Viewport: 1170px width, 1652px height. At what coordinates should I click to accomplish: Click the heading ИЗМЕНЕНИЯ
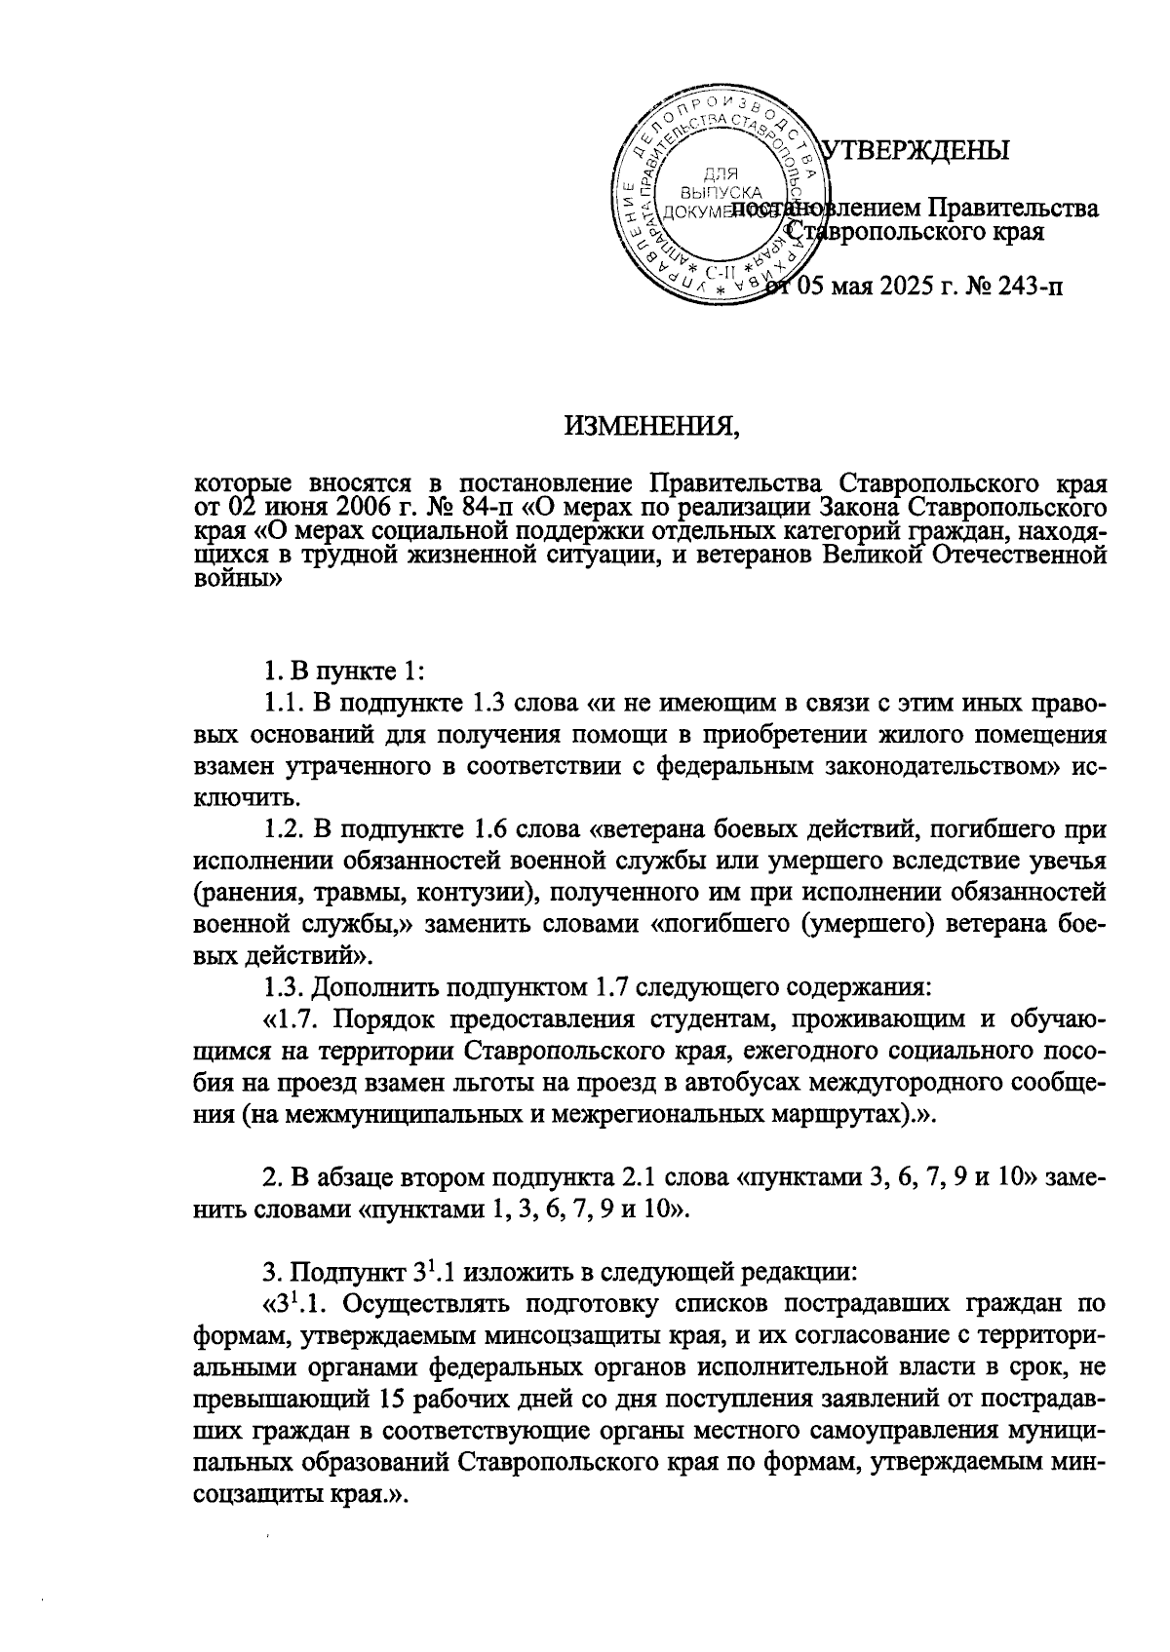[x=651, y=426]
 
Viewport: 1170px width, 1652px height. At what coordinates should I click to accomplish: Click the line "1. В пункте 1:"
[x=345, y=672]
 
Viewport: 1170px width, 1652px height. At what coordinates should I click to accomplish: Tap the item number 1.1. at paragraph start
[x=285, y=704]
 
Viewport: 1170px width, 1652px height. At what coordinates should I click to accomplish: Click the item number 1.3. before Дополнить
[x=285, y=987]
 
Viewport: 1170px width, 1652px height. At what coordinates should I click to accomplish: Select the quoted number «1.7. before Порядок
[x=293, y=1019]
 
